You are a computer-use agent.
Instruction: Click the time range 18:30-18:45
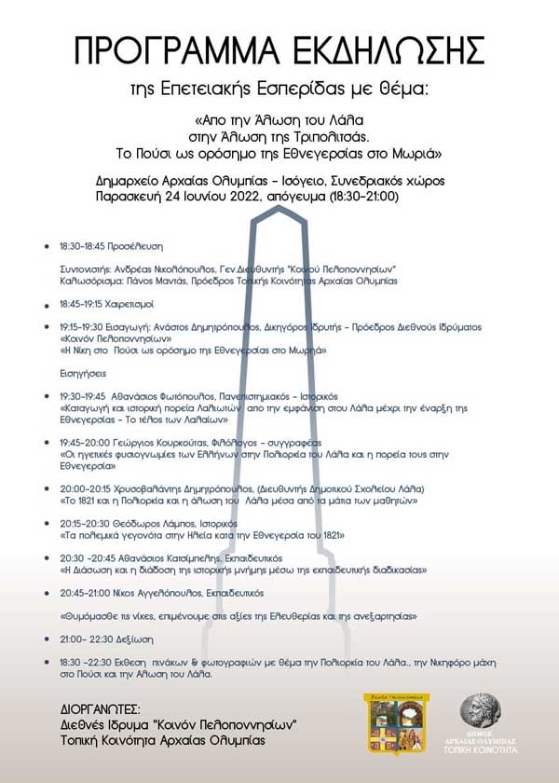click(81, 247)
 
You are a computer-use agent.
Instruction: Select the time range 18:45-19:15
click(81, 304)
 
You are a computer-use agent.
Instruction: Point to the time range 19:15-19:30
click(81, 327)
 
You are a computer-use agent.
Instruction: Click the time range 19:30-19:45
click(82, 396)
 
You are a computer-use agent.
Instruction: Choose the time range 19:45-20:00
click(82, 442)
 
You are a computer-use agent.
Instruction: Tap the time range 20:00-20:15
click(82, 488)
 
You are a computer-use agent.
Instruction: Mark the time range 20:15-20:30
click(82, 523)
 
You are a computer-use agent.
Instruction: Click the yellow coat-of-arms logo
click(396, 723)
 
